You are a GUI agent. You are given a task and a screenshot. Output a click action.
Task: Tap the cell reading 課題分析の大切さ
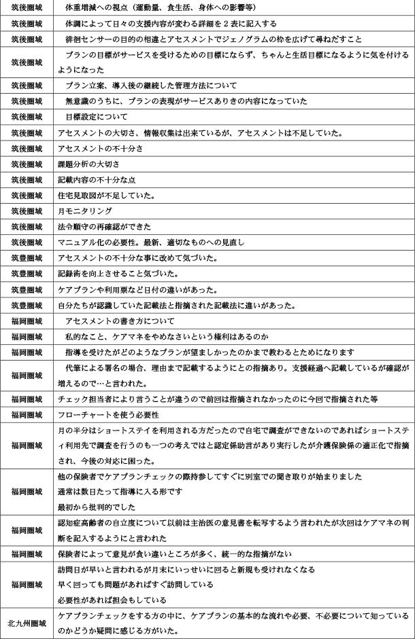pos(89,164)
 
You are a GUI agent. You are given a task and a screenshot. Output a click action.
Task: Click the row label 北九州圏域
pos(27,623)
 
